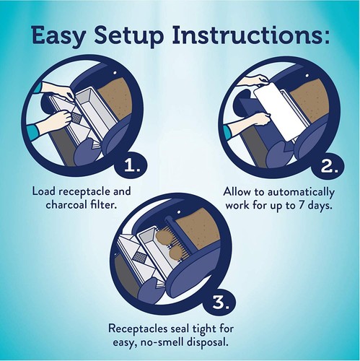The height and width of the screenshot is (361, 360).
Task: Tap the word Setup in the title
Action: [128, 35]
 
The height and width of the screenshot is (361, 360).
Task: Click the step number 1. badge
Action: [132, 166]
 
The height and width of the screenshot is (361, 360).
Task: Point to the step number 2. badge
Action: [329, 166]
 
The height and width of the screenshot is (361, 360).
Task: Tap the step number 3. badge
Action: [221, 303]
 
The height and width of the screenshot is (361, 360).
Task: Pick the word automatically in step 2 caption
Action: [301, 193]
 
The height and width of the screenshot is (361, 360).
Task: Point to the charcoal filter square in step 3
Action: [140, 257]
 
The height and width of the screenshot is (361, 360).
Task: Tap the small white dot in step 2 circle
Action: [307, 76]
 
